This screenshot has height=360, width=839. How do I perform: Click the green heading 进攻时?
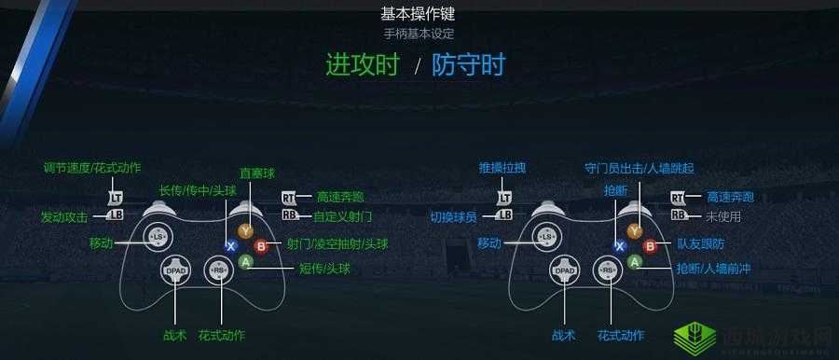363,65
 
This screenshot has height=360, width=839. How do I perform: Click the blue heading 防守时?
468,65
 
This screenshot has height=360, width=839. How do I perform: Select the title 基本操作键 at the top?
419,14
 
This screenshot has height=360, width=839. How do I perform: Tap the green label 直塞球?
256,173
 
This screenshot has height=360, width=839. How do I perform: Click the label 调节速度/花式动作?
92,168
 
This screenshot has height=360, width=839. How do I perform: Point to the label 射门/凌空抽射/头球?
337,244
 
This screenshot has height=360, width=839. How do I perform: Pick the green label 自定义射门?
343,216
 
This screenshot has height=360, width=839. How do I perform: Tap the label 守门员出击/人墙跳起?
639,168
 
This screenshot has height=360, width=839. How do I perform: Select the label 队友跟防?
697,245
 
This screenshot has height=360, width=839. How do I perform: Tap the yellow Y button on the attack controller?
245,229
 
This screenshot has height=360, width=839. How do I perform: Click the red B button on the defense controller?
651,246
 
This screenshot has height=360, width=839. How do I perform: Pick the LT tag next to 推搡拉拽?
504,198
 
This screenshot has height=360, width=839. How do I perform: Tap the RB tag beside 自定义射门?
289,215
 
